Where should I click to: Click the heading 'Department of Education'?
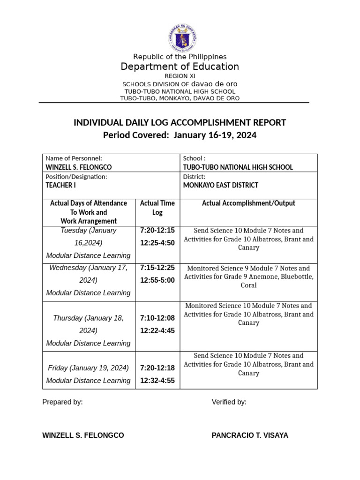(x=180, y=67)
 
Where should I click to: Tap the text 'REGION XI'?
(x=180, y=76)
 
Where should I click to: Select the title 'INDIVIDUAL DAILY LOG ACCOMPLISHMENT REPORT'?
(x=180, y=123)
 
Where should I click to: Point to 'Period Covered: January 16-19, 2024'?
(x=180, y=135)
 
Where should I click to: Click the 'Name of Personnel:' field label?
(x=74, y=158)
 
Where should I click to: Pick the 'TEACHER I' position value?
(x=61, y=185)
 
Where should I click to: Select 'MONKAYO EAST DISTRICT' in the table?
(x=220, y=185)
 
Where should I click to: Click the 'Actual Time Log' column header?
(x=157, y=208)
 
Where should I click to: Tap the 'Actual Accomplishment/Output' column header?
(x=248, y=203)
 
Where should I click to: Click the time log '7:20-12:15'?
(x=157, y=230)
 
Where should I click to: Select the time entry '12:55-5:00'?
(x=157, y=280)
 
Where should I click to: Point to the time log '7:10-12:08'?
(x=157, y=318)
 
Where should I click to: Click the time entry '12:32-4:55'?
(x=157, y=381)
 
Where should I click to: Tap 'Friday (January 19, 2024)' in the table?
(x=89, y=368)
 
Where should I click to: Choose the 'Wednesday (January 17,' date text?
(x=89, y=268)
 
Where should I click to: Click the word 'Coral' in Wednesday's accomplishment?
(x=248, y=285)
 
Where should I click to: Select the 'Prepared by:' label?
(x=62, y=402)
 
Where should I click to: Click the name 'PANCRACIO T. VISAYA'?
(x=250, y=435)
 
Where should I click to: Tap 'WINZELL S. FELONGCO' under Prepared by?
(x=83, y=435)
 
